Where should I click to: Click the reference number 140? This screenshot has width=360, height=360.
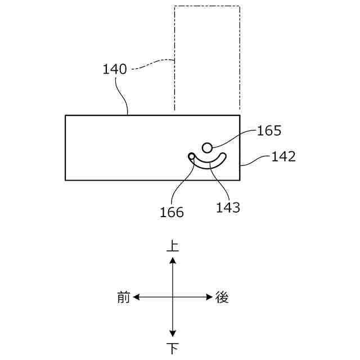tap(115, 70)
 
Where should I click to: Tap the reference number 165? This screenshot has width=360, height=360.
tap(269, 131)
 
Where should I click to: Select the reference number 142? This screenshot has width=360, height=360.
tap(283, 157)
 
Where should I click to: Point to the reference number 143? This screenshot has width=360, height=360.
tap(228, 208)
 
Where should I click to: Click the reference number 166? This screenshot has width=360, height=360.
tap(172, 212)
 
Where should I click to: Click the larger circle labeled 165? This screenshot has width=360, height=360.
tap(207, 147)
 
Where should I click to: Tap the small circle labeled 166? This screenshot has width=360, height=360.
tap(192, 156)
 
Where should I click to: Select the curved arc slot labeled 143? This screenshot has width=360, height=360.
tap(209, 164)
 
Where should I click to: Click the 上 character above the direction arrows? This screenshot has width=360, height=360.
tap(173, 246)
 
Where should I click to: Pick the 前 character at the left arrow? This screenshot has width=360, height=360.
tap(124, 297)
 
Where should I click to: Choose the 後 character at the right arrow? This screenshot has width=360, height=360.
tap(222, 297)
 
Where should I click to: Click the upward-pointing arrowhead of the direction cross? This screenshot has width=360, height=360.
tap(173, 259)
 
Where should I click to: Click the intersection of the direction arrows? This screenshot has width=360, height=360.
tap(173, 296)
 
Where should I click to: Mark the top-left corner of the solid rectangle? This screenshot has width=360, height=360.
tap(66, 116)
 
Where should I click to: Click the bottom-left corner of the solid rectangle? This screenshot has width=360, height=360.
tap(66, 180)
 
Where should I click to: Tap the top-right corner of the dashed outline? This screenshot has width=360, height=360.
tap(240, 6)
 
